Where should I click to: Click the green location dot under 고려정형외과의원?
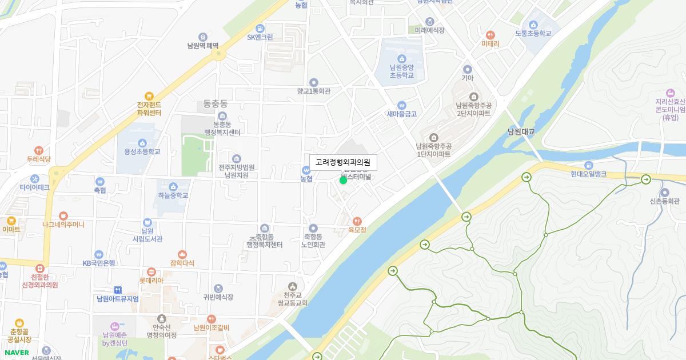tap(343, 181)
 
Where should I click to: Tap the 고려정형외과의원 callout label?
tap(343, 163)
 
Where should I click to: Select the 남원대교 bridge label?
tap(521, 131)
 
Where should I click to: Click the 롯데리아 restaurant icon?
tap(151, 272)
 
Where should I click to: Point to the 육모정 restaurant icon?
tap(357, 221)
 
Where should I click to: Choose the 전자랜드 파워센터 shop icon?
tap(149, 97)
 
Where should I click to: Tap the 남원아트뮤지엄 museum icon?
tap(118, 290)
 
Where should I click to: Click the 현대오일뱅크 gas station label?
tap(588, 174)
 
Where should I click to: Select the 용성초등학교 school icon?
tap(142, 143)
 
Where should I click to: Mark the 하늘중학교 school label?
tap(173, 195)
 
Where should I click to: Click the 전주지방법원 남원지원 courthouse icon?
tap(237, 158)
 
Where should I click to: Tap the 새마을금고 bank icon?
tap(401, 105)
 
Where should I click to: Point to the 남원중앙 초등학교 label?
tap(402, 71)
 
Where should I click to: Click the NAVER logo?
tap(16, 353)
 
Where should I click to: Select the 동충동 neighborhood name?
tap(216, 104)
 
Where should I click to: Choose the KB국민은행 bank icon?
tap(99, 254)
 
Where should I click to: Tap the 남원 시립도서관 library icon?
tap(147, 222)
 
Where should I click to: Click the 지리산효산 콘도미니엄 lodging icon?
tap(671, 93)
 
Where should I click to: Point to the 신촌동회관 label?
tap(665, 201)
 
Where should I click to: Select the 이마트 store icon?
tap(11, 221)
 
